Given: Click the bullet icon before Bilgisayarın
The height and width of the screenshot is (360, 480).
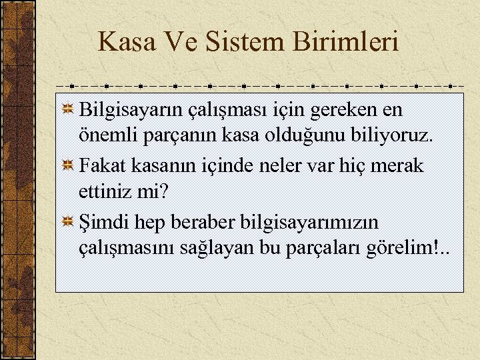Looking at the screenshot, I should click(68, 109).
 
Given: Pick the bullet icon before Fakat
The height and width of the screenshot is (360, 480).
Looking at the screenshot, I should click(68, 165).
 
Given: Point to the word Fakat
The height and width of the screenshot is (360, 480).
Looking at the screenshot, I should click(100, 165).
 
